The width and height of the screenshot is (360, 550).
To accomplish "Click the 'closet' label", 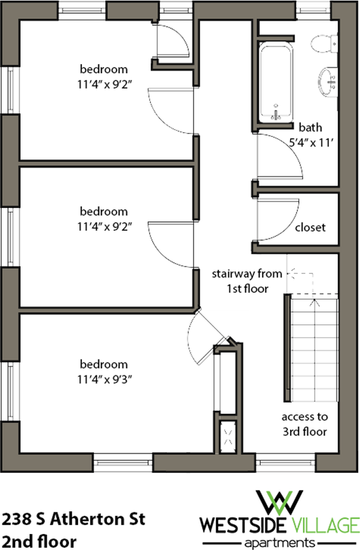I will tap(310, 227).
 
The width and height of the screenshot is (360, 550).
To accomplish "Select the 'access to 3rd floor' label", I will tap(304, 425).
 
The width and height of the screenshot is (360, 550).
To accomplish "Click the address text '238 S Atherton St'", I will tap(73, 520).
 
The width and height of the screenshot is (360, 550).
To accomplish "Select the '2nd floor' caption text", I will tap(38, 540).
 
